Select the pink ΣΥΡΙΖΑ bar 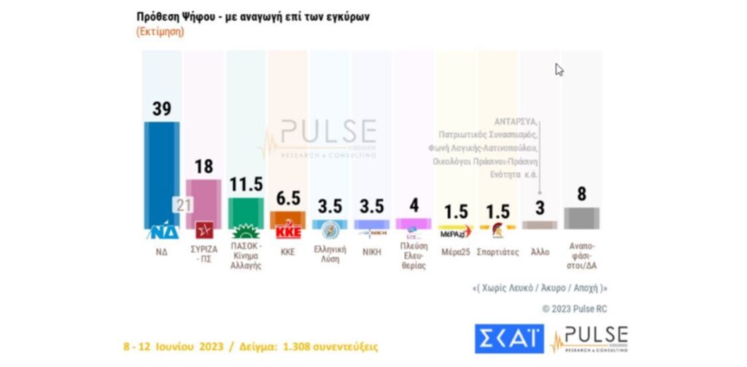pyautogui.click(x=204, y=203)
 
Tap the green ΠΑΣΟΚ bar pyautogui.click(x=246, y=212)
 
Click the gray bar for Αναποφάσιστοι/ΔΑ pyautogui.click(x=582, y=217)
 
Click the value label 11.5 pyautogui.click(x=246, y=185)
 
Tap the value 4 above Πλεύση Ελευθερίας pyautogui.click(x=414, y=205)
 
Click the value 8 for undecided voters pyautogui.click(x=582, y=194)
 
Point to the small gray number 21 pyautogui.click(x=182, y=205)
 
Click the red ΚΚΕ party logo pyautogui.click(x=287, y=233)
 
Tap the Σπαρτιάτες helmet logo pyautogui.click(x=498, y=233)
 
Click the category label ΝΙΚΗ pyautogui.click(x=371, y=252)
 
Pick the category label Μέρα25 pyautogui.click(x=456, y=252)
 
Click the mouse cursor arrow pyautogui.click(x=559, y=70)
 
